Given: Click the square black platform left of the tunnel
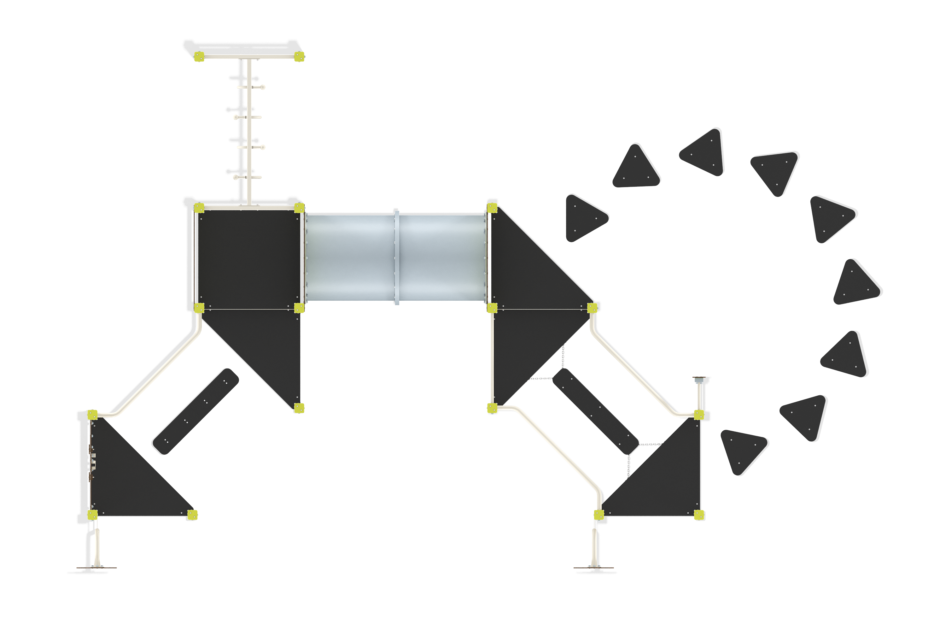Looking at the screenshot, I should (x=248, y=258).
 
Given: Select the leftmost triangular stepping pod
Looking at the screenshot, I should (x=585, y=218).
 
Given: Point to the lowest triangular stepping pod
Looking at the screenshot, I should (x=743, y=450).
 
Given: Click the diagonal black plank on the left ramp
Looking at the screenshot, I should (x=195, y=412).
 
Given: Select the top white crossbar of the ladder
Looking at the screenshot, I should (x=248, y=56).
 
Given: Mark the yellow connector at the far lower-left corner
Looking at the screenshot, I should (x=92, y=514).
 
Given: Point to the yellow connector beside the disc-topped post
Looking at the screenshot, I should (x=699, y=415).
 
